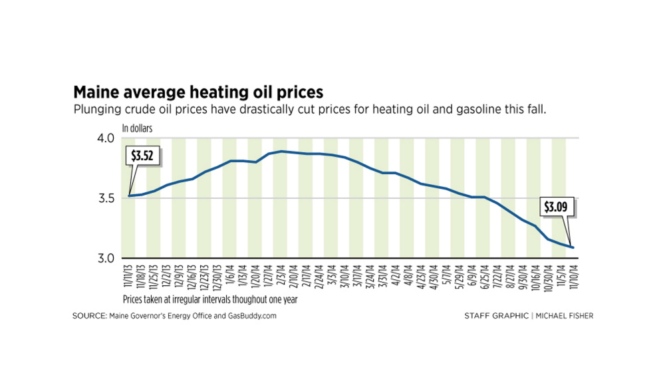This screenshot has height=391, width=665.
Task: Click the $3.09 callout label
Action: coord(557,207)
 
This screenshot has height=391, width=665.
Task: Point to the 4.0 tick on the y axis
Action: coord(107,138)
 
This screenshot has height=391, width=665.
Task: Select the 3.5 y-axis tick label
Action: coord(107,198)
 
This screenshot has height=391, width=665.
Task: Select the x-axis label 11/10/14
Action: coord(573,277)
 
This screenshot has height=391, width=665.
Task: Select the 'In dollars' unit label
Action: coord(137,128)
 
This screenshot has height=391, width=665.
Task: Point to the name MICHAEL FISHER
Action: coord(565,316)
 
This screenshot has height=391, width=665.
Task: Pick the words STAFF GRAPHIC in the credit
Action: coord(495,316)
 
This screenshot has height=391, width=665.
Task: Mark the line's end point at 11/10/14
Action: coord(573,247)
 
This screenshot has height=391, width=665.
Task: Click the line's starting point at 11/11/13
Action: coord(129,195)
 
